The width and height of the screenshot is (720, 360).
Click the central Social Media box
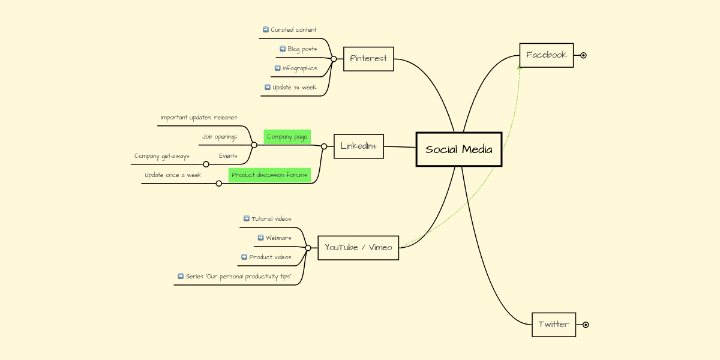coord(459,149)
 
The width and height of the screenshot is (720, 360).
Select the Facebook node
coord(546,55)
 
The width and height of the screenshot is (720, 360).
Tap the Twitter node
coord(553,325)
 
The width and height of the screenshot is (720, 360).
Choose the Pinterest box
coord(368,59)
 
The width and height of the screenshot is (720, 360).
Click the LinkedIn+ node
coord(358,146)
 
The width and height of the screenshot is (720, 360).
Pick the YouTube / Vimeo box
coord(358,247)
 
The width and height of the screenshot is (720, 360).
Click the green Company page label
coord(287,137)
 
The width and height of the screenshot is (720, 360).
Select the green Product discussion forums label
coord(269,175)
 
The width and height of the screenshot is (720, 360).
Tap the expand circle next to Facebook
coord(583,55)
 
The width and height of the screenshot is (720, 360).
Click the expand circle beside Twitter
coord(586,325)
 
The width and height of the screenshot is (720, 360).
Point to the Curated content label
coord(293,29)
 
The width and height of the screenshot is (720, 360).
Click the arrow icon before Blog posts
coord(283,49)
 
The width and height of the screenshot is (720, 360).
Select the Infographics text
coord(299,68)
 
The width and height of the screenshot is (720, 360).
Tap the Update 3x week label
coord(294,87)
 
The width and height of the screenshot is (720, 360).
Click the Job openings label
coord(220,137)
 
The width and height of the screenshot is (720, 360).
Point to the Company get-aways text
coord(161,156)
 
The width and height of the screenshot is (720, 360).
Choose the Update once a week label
coord(173,175)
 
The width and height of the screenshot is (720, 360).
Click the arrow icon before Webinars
coord(260,238)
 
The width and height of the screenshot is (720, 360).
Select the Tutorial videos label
coord(271,219)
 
